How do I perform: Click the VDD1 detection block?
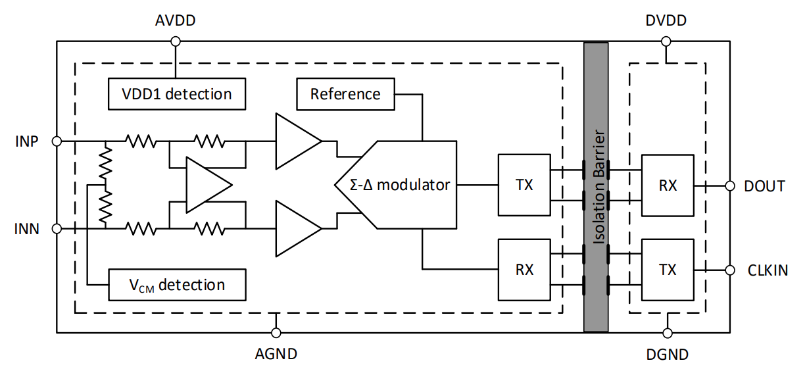(176, 94)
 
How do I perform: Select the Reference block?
(345, 94)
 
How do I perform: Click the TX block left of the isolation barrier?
(524, 185)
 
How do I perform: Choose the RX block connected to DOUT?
(668, 185)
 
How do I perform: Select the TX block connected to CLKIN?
(668, 270)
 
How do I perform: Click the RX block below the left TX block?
(524, 270)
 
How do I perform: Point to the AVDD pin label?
(175, 20)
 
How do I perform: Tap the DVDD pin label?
(666, 20)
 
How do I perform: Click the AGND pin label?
(276, 354)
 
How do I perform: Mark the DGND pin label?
(666, 355)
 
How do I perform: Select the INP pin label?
(26, 141)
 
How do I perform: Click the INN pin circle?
(57, 229)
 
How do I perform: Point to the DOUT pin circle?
(729, 186)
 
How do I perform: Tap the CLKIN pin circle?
(729, 270)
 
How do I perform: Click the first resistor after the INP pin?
(140, 141)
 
